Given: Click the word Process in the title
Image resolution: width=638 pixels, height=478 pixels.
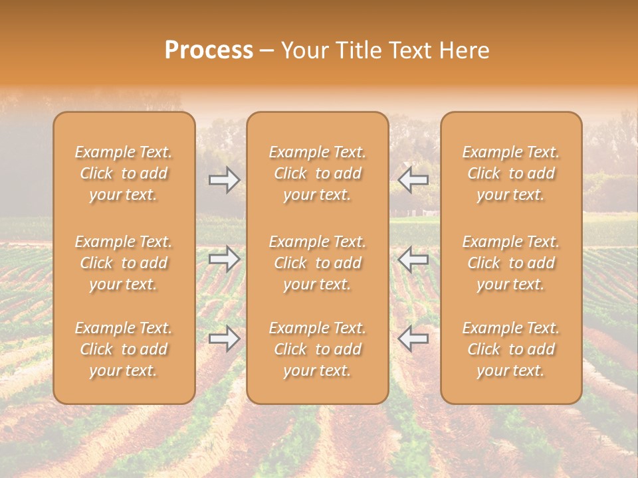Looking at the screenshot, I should pyautogui.click(x=209, y=50).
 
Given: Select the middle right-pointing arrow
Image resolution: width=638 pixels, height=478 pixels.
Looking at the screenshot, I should pyautogui.click(x=225, y=259).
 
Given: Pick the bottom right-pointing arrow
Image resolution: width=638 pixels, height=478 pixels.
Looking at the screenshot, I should pyautogui.click(x=225, y=339).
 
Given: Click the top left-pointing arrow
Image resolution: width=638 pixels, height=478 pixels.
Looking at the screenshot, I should pyautogui.click(x=413, y=179).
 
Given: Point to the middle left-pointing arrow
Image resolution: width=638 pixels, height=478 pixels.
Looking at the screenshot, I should pyautogui.click(x=413, y=259).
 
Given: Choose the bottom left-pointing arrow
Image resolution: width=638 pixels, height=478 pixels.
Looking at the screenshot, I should pyautogui.click(x=413, y=339).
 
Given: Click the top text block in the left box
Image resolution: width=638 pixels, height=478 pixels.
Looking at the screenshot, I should pyautogui.click(x=124, y=173).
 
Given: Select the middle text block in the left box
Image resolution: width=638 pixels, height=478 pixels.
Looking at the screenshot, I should pyautogui.click(x=124, y=263).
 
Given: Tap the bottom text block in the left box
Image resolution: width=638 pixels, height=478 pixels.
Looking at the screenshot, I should pyautogui.click(x=124, y=349).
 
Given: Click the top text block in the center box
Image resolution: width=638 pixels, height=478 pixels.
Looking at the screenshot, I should pyautogui.click(x=318, y=173).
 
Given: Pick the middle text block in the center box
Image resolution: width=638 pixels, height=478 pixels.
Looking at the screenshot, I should pyautogui.click(x=318, y=263).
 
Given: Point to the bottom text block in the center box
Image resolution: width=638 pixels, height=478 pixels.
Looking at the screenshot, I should pyautogui.click(x=318, y=349).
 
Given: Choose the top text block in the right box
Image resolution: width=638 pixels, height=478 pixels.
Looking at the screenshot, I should pyautogui.click(x=511, y=173).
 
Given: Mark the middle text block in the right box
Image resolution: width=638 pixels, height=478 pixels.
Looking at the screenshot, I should pyautogui.click(x=511, y=263).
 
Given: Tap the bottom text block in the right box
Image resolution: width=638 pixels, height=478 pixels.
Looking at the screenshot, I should pyautogui.click(x=511, y=349).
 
